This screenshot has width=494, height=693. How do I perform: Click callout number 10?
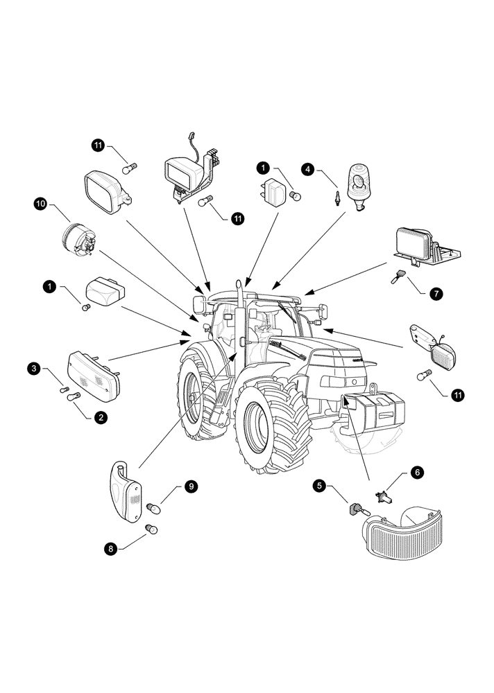click(41, 204)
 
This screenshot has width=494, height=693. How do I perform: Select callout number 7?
click(435, 294)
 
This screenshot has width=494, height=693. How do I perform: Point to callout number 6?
click(416, 473)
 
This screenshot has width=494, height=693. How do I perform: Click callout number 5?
click(319, 486)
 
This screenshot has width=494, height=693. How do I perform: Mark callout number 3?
click(33, 369)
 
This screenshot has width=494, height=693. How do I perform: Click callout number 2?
click(101, 417)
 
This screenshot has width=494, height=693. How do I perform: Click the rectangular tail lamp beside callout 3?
click(94, 371)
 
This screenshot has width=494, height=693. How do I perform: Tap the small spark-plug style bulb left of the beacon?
click(336, 199)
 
